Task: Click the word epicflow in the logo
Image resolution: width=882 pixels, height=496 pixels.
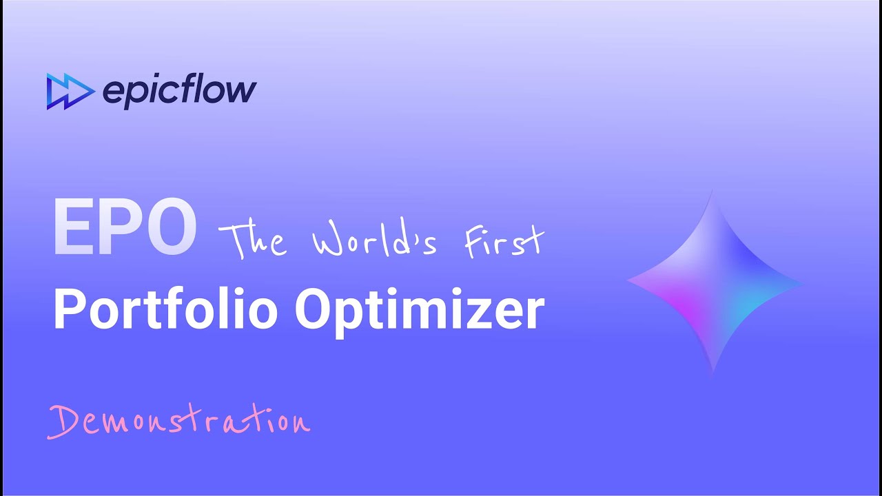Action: [179, 91]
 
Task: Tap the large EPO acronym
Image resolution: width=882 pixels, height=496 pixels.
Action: [125, 228]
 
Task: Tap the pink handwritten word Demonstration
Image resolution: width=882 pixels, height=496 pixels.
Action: [178, 420]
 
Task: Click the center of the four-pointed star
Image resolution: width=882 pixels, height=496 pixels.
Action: [714, 282]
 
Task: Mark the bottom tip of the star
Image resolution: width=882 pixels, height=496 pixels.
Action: [713, 373]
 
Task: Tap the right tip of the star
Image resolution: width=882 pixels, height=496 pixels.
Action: [802, 282]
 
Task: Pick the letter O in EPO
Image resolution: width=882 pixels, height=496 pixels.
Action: [170, 228]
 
